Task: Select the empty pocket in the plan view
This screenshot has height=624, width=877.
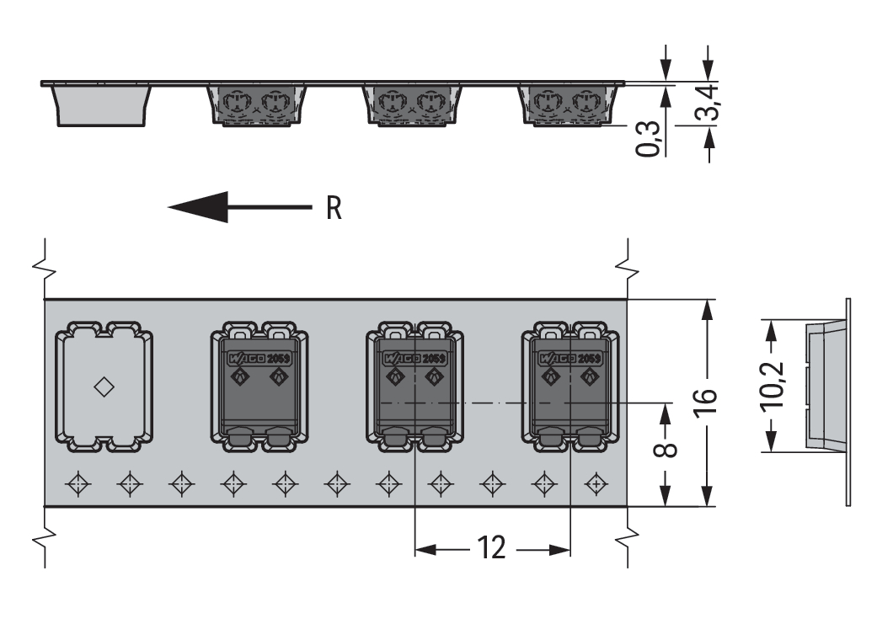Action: click(x=104, y=387)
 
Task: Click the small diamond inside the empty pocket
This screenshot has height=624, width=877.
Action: click(x=104, y=387)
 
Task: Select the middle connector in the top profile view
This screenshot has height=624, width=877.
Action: click(x=412, y=104)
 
